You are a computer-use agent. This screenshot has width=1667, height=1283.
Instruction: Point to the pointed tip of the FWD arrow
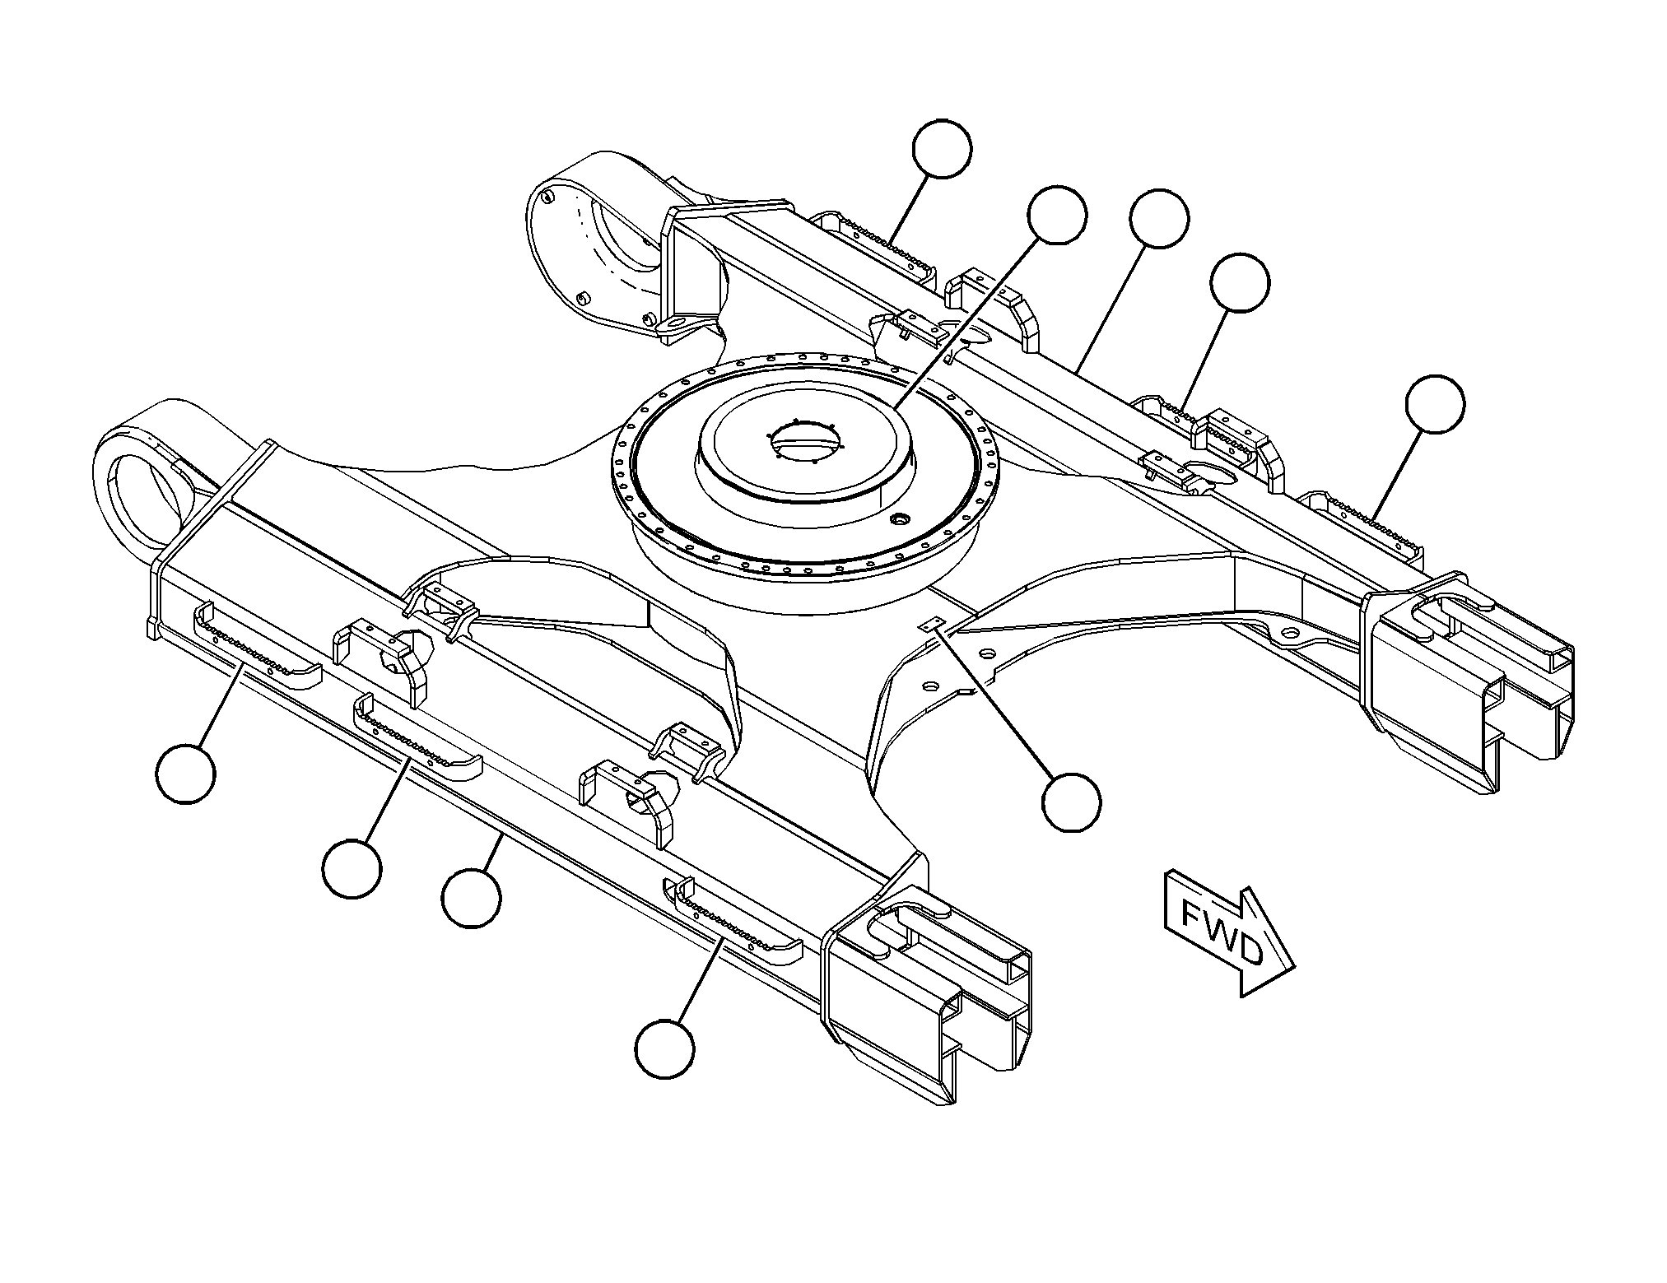pyautogui.click(x=1296, y=968)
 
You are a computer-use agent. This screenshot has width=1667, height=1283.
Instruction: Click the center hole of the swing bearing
pyautogui.click(x=807, y=440)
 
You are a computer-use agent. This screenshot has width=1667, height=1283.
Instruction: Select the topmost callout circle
pyautogui.click(x=942, y=149)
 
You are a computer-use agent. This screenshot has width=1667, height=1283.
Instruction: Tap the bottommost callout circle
pyautogui.click(x=664, y=1048)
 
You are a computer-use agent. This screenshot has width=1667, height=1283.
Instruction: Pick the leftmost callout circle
pyautogui.click(x=186, y=773)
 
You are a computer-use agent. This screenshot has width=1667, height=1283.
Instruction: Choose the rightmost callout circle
pyautogui.click(x=1435, y=404)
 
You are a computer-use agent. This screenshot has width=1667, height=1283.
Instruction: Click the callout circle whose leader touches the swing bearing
pyautogui.click(x=1057, y=215)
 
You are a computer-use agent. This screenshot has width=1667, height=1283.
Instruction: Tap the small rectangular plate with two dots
pyautogui.click(x=933, y=625)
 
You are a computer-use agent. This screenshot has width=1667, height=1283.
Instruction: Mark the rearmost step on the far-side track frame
pyautogui.click(x=877, y=247)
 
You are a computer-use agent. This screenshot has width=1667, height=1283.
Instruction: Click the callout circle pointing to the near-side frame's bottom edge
pyautogui.click(x=471, y=899)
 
